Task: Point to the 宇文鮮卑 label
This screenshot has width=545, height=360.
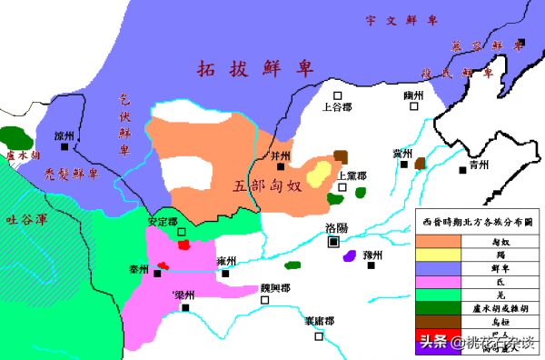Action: [402, 19]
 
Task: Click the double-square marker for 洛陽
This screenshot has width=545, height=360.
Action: [334, 243]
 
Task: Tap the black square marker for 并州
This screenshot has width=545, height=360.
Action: [281, 166]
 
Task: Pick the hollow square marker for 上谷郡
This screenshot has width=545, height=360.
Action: [337, 95]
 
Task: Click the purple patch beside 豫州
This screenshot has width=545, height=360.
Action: [349, 256]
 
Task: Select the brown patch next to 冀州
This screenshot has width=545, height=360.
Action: [421, 164]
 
